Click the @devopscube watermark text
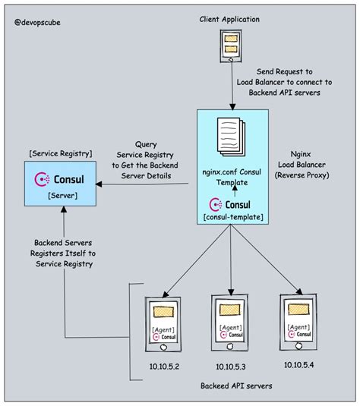[37, 23]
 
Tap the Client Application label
[229, 20]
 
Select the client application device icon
[231, 46]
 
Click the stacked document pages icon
[231, 137]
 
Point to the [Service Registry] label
[61, 153]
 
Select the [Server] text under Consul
[63, 196]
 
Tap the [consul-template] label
[233, 217]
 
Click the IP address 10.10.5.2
[164, 367]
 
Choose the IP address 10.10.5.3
[231, 367]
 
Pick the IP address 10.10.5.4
[298, 365]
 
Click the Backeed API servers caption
[236, 386]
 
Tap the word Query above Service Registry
[146, 144]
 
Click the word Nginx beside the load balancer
[301, 154]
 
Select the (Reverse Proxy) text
[302, 175]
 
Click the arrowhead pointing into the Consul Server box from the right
[99, 184]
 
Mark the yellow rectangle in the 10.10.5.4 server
[298, 310]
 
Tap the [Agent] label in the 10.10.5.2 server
[163, 330]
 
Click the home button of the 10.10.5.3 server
[230, 346]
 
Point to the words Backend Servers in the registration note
[63, 243]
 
